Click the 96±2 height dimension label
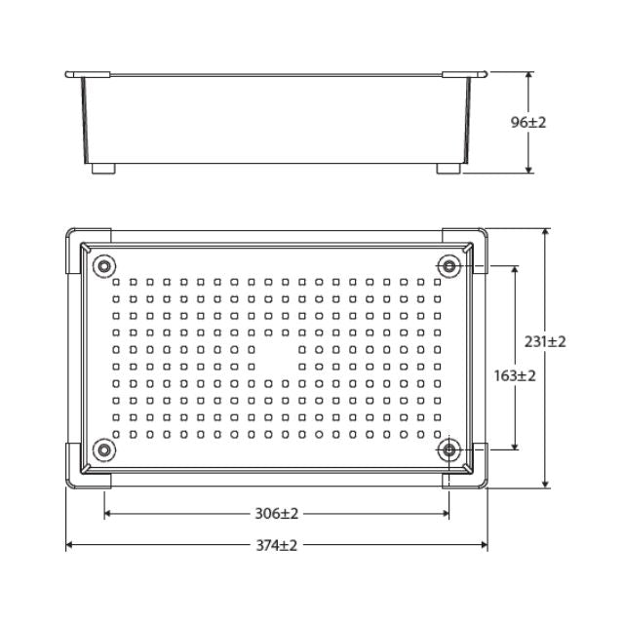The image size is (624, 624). pos(528,123)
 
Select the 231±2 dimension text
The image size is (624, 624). pos(545,341)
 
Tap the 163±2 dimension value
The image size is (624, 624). pos(515,375)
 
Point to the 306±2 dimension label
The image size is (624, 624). pos(277,513)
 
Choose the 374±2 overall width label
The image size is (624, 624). pos(277,545)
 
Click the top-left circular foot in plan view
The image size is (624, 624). pos(103,266)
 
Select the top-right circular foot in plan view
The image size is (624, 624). pos(448,266)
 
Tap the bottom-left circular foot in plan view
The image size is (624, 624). pos(103,449)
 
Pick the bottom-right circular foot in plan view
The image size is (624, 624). pos(448,449)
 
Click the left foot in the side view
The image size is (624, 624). pos(103,169)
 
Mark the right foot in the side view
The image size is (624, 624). pos(448,169)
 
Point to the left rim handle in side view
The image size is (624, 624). pos(88,74)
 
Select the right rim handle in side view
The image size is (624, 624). pos(464,74)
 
